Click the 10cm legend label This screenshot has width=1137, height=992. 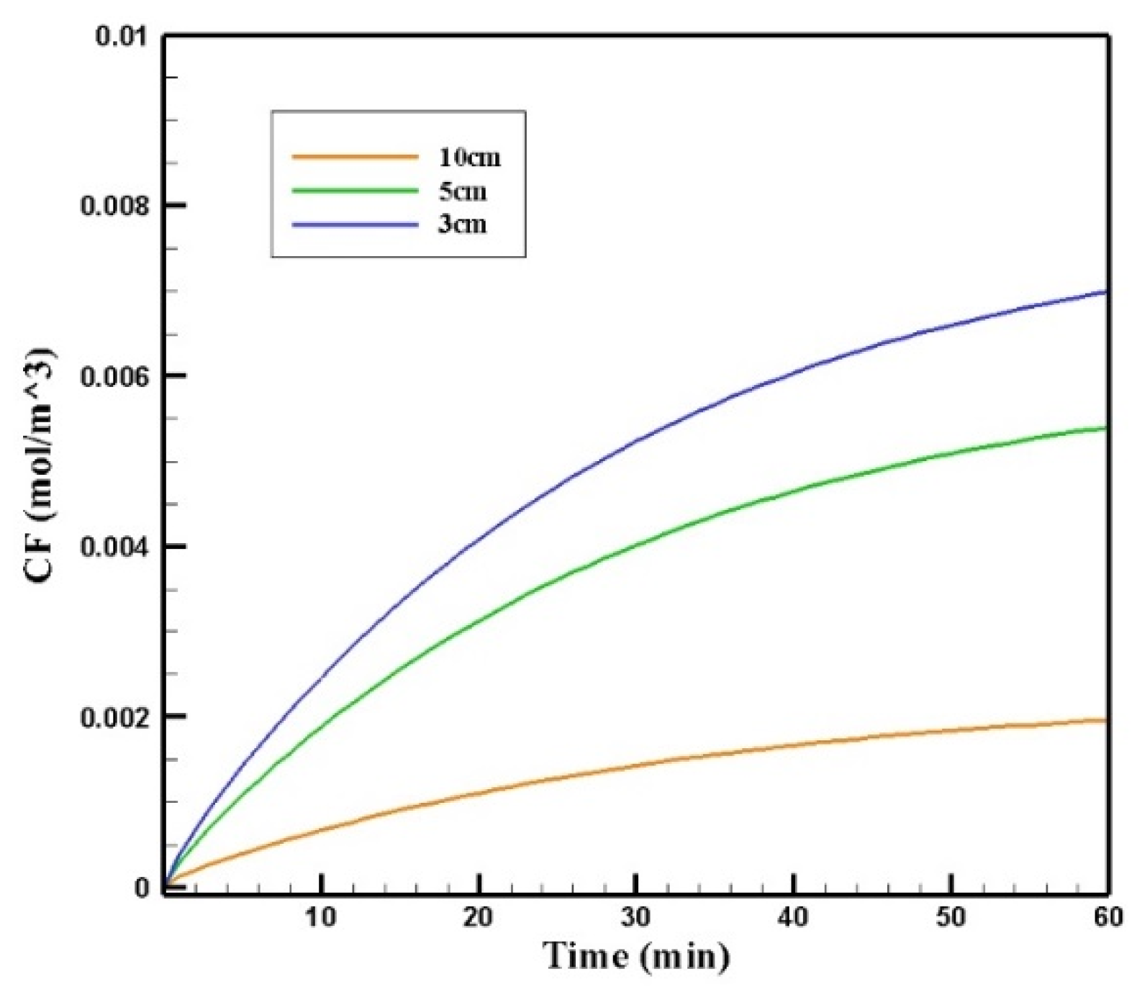(469, 158)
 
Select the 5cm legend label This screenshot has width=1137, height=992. (463, 191)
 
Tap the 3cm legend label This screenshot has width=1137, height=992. (463, 224)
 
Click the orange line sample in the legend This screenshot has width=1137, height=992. (355, 157)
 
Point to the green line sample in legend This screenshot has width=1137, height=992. (355, 191)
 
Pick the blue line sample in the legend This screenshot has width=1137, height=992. (355, 224)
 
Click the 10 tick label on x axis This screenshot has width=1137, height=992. (321, 918)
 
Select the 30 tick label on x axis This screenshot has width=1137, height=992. (635, 918)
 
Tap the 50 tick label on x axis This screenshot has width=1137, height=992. (951, 918)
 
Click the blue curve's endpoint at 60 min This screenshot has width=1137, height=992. (1106, 291)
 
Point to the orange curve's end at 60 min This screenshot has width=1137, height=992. (1106, 720)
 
